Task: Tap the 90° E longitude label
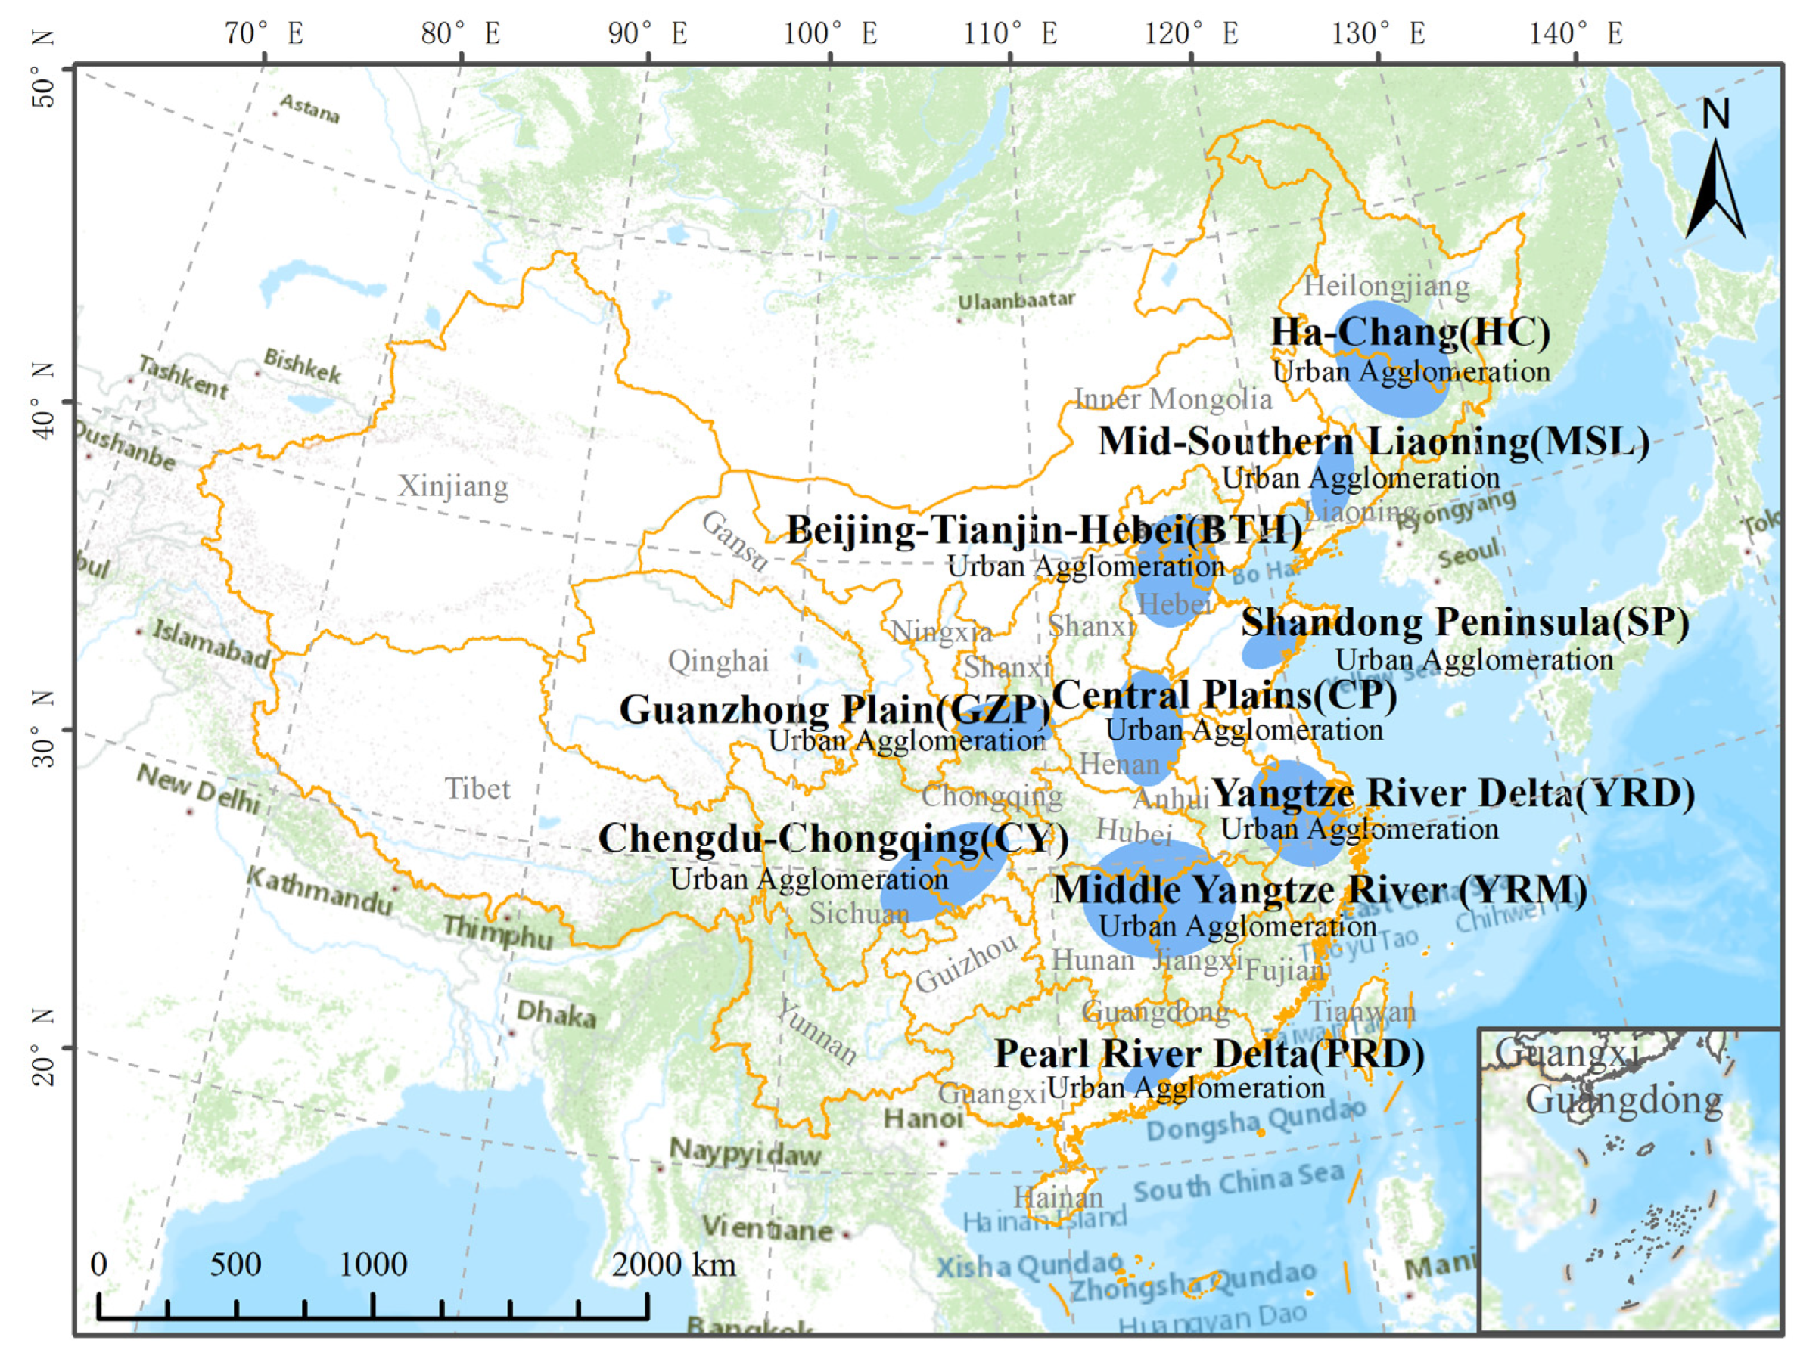pos(648,34)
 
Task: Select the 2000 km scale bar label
pos(673,1264)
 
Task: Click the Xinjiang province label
pos(452,486)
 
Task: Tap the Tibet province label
pos(477,790)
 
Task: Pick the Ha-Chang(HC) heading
pos(1410,332)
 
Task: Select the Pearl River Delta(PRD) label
pos(1209,1054)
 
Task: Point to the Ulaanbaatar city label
pos(1015,301)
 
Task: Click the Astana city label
pos(309,108)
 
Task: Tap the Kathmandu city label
pos(319,890)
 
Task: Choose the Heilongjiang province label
pos(1386,286)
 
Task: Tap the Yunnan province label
pos(816,1033)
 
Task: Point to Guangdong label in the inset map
pos(1623,1100)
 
